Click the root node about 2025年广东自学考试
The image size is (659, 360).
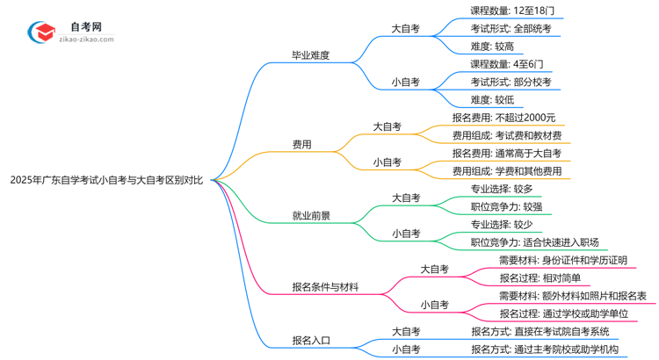pyautogui.click(x=106, y=180)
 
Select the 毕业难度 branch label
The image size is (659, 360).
pyautogui.click(x=311, y=55)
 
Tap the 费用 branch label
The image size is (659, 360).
pyautogui.click(x=301, y=144)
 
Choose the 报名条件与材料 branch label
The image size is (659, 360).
pyautogui.click(x=325, y=286)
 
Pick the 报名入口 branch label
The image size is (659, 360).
pyautogui.click(x=311, y=340)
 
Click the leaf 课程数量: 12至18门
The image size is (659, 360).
pyautogui.click(x=512, y=11)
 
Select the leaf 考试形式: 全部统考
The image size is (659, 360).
pyautogui.click(x=511, y=29)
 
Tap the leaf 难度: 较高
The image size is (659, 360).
pyautogui.click(x=492, y=47)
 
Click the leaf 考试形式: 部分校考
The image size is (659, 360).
pyautogui.click(x=511, y=82)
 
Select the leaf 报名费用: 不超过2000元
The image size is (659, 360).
pyautogui.click(x=503, y=118)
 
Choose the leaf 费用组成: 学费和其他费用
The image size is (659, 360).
pyautogui.click(x=506, y=171)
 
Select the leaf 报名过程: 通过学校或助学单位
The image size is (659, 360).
pyautogui.click(x=561, y=313)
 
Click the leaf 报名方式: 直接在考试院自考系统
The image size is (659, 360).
pyautogui.click(x=540, y=331)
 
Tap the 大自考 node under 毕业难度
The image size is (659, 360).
pyautogui.click(x=405, y=29)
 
